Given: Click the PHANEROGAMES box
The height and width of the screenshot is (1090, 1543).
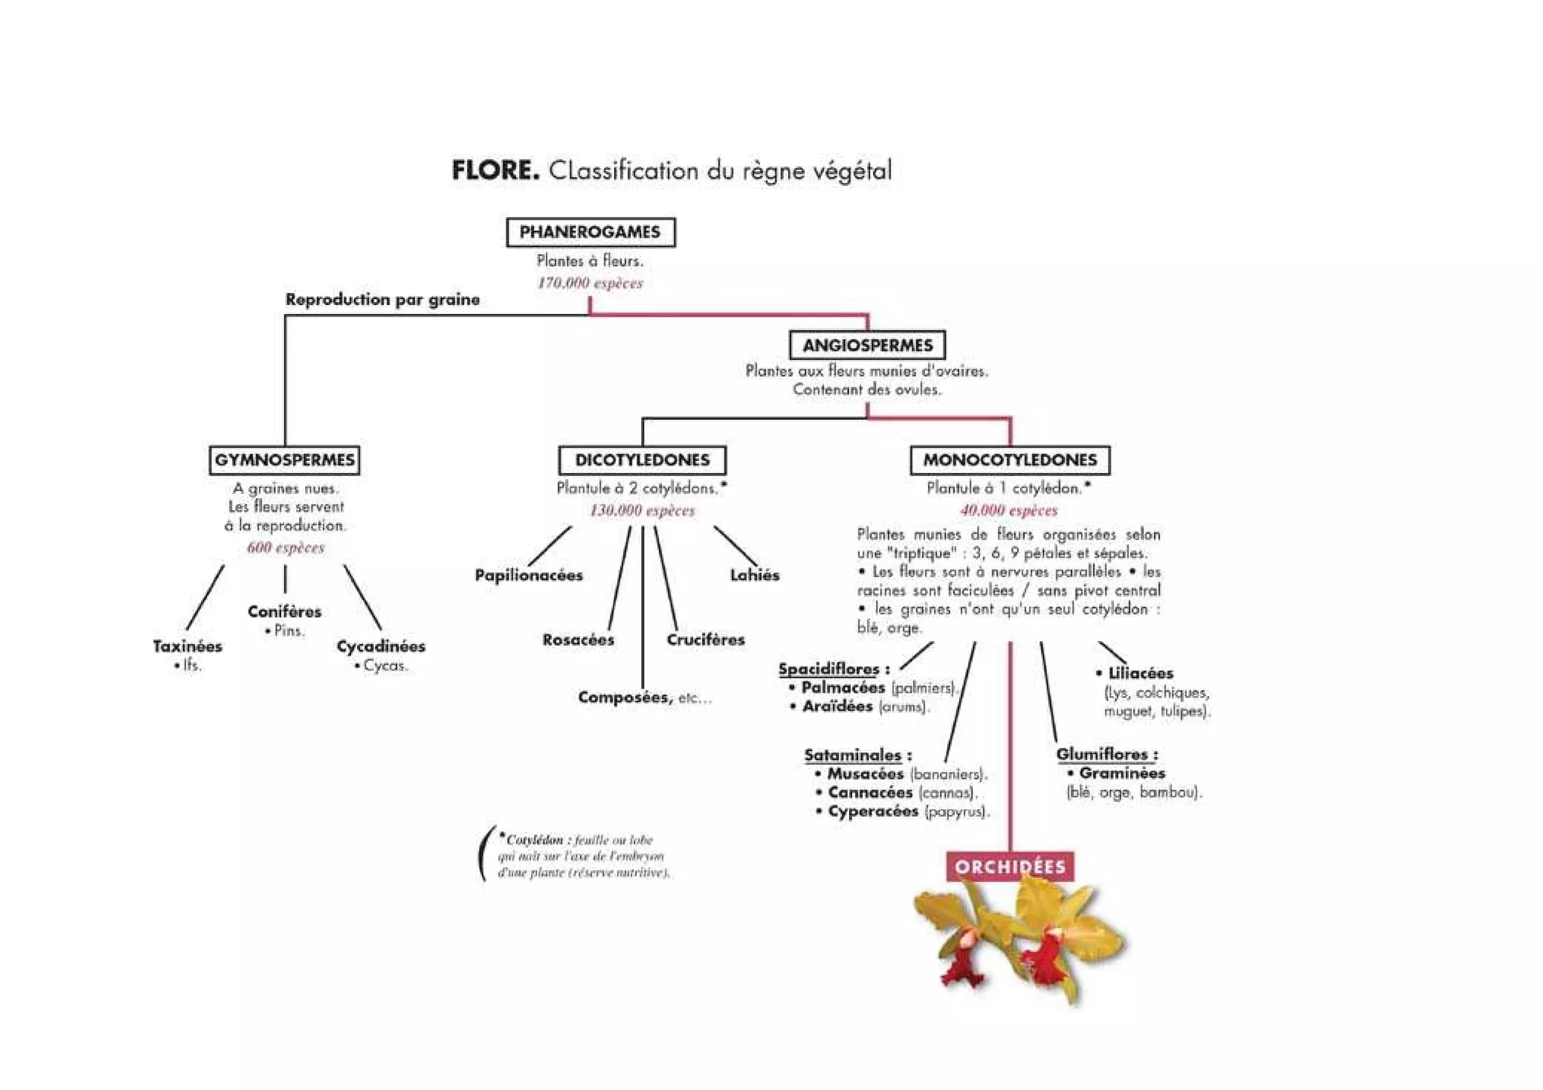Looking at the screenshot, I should click(x=590, y=232).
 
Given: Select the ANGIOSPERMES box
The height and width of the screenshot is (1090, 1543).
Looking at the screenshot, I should click(x=867, y=346).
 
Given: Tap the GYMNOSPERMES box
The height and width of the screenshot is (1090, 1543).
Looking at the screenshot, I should click(x=284, y=460).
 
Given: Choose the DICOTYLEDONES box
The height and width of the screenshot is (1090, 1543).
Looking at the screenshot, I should click(x=642, y=460).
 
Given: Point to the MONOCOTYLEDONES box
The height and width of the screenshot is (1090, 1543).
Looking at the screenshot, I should click(x=1010, y=460).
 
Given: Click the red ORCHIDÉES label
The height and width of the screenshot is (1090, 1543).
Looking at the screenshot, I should click(x=1010, y=867).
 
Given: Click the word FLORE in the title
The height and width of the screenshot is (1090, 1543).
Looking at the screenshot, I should click(x=495, y=170).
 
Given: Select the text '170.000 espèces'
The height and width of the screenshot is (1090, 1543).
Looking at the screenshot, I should click(x=590, y=283).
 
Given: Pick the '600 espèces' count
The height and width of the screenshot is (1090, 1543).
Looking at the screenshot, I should click(x=286, y=548).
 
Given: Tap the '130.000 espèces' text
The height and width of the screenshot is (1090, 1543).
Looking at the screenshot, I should click(x=642, y=511).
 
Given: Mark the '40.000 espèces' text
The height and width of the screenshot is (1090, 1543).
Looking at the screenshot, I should click(x=1009, y=511).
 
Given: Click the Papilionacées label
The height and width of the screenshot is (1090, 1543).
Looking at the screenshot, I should click(x=529, y=576).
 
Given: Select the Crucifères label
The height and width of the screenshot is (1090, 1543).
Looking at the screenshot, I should click(x=705, y=640).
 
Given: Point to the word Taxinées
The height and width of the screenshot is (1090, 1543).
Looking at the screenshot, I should click(x=188, y=646).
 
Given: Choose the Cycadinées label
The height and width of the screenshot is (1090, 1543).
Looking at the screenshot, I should click(x=380, y=646).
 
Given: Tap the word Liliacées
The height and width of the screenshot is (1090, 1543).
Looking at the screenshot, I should click(x=1140, y=673).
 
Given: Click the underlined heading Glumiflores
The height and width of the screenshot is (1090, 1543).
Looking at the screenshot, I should click(x=1106, y=754).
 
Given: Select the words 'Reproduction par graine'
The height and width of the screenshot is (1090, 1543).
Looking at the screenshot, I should click(x=382, y=300).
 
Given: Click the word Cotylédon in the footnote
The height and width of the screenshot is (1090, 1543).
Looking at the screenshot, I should click(x=534, y=840).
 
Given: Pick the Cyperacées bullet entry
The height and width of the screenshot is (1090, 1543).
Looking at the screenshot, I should click(x=872, y=811).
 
